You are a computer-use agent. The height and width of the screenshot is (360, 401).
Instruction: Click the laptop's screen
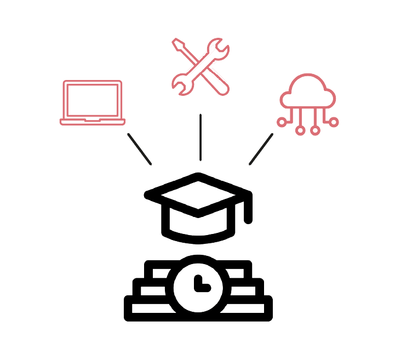click(x=93, y=100)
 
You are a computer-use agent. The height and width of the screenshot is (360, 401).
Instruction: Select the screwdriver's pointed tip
click(x=176, y=42)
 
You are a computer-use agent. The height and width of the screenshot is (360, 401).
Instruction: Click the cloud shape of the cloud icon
click(x=307, y=94)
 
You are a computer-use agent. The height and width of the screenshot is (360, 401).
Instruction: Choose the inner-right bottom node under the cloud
click(x=316, y=131)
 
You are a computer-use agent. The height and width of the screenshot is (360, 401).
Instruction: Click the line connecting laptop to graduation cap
click(x=139, y=148)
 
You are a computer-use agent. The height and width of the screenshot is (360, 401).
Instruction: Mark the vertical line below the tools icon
click(x=200, y=137)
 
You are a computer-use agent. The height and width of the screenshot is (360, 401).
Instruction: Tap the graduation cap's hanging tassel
click(x=248, y=211)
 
